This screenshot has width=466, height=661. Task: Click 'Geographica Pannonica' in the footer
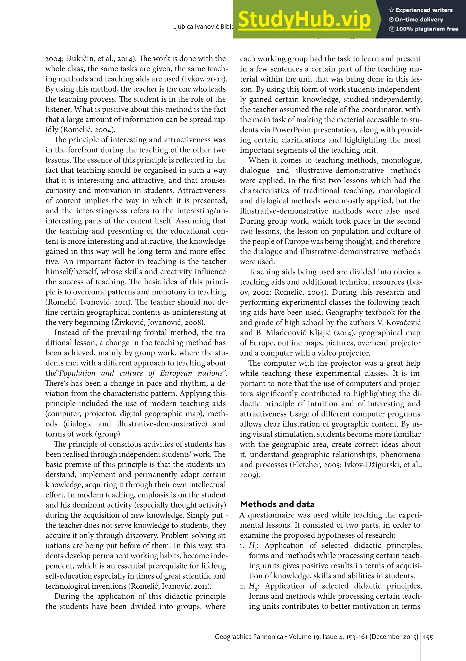pyautogui.click(x=249, y=637)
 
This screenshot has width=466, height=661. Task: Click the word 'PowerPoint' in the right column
pyautogui.click(x=292, y=130)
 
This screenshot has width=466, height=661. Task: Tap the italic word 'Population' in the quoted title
pyautogui.click(x=77, y=373)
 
